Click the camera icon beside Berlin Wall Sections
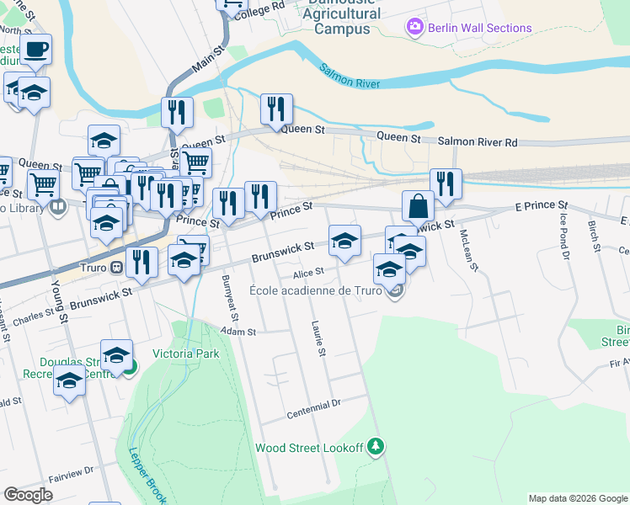(x=414, y=28)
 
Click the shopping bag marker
(x=418, y=206)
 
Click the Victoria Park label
(x=185, y=353)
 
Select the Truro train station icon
(x=117, y=267)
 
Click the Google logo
(x=29, y=495)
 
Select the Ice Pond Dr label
(x=564, y=237)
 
